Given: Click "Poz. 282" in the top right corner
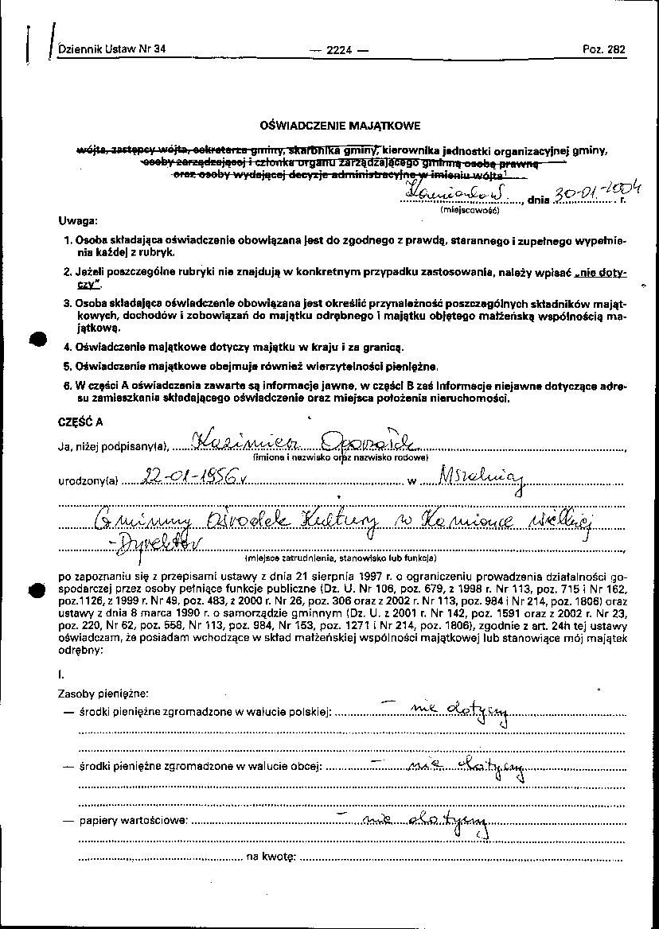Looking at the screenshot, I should click(604, 49).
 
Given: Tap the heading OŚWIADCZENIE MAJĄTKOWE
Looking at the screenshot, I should click(340, 125).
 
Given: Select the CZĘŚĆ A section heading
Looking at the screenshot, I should click(80, 423).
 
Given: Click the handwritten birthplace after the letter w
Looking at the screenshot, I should click(477, 478).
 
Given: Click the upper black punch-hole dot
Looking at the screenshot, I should click(37, 338).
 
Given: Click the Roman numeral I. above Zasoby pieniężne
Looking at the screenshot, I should click(61, 674).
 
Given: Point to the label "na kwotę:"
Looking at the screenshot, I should click(271, 857).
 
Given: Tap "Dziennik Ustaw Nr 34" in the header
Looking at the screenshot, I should click(111, 49).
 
